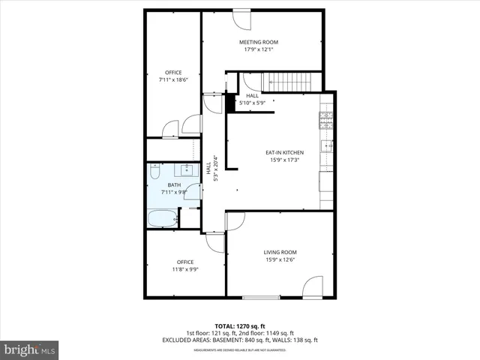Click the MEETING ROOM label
point(259,42)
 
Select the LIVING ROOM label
point(280,252)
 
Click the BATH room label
point(173,185)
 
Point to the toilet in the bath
point(154,172)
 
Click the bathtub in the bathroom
point(163,219)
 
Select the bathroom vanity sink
point(185,169)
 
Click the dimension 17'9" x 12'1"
point(259,50)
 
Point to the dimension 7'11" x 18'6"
point(173,80)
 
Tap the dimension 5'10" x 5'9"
point(252,103)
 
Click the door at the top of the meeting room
point(242,16)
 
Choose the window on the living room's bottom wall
point(261,298)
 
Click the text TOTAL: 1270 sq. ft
point(240,326)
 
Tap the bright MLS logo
point(30,349)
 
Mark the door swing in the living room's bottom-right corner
point(314,286)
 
